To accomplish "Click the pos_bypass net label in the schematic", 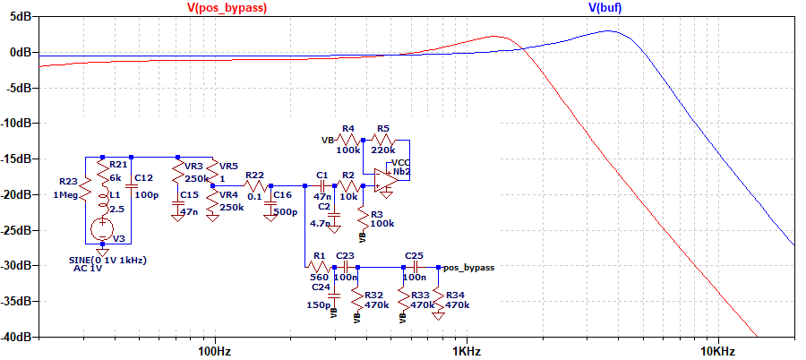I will click(468, 267).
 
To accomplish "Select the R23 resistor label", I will click(68, 181).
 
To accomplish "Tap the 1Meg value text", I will click(68, 194).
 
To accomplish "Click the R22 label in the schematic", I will click(254, 175).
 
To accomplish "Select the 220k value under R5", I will click(386, 150).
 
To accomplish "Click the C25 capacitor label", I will click(414, 255).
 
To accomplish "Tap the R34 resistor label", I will click(457, 294).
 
